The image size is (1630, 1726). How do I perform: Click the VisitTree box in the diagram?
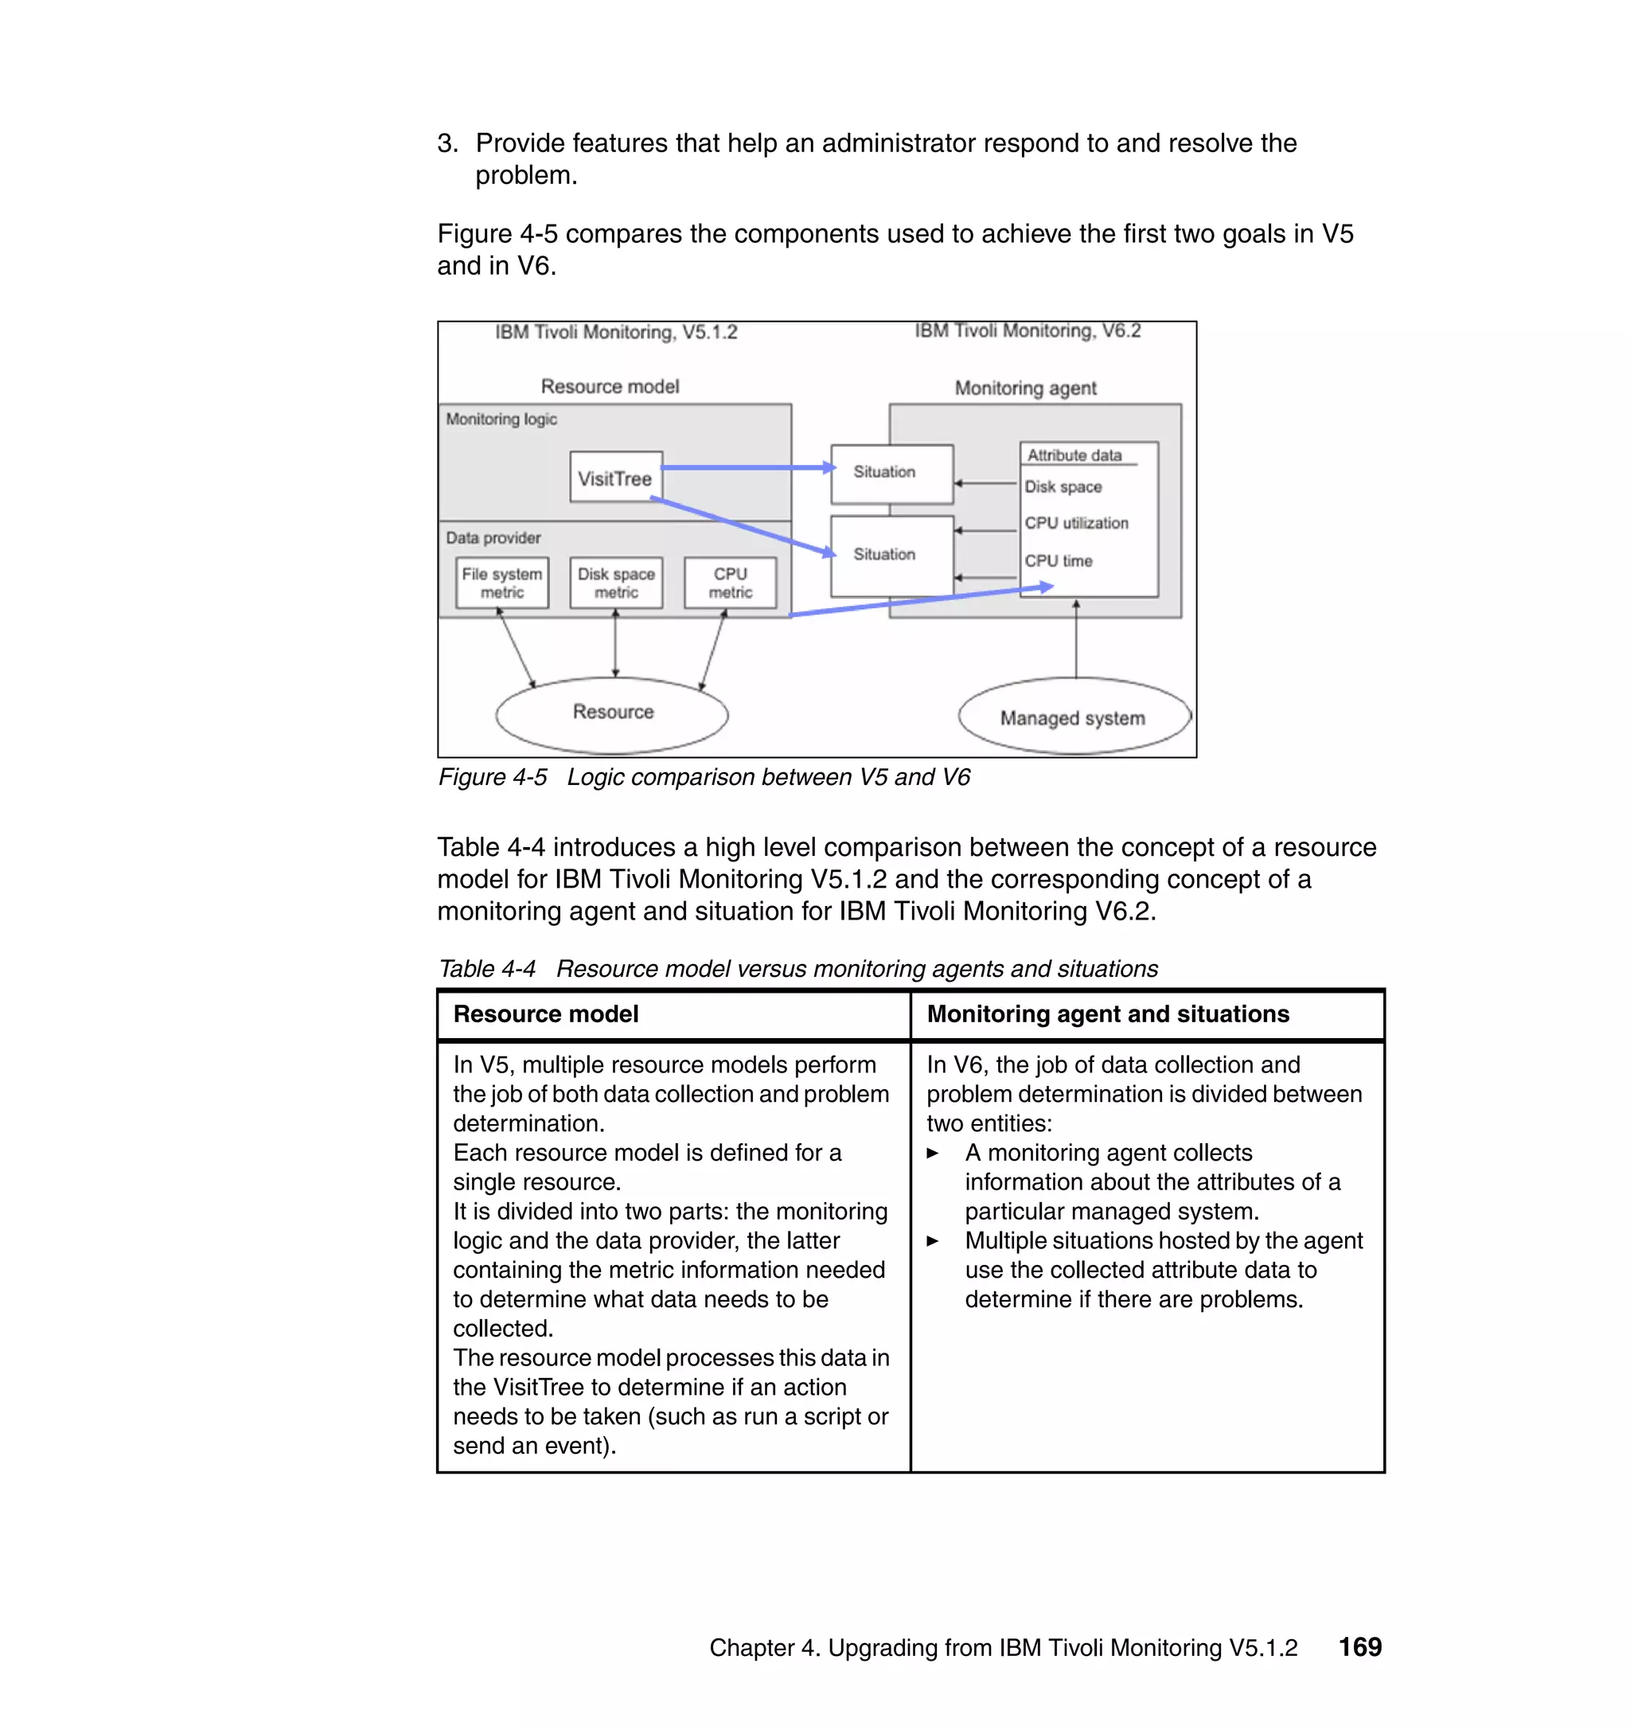[x=615, y=477]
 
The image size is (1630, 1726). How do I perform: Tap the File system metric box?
[x=502, y=583]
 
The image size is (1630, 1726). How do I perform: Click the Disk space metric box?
[x=616, y=583]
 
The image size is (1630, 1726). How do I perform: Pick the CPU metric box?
[x=730, y=583]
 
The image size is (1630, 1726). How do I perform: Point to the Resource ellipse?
[x=613, y=714]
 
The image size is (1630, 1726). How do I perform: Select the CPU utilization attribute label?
[x=1076, y=523]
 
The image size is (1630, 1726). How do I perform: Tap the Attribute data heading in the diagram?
[x=1074, y=455]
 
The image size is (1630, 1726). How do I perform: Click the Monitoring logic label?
[x=501, y=420]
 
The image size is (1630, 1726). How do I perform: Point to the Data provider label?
[x=493, y=538]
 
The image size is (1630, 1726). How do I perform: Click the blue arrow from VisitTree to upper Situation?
[x=747, y=467]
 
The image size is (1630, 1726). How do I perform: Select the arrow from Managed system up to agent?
[x=1076, y=638]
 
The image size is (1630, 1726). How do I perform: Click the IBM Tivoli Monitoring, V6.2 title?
[x=1027, y=331]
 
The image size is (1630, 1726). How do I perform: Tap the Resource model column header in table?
[x=546, y=1014]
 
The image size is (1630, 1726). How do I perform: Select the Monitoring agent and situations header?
[x=1107, y=1014]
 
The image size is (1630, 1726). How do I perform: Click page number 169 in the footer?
[x=1359, y=1647]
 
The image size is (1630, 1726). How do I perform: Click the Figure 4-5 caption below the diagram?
[x=704, y=777]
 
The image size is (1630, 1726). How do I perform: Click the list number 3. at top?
[x=446, y=143]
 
